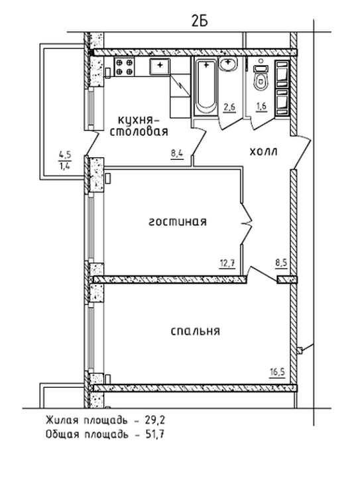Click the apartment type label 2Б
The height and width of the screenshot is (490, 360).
[200, 21]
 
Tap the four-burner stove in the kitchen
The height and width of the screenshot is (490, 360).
[125, 67]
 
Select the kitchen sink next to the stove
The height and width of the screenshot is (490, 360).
[160, 66]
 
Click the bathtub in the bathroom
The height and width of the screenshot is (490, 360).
[206, 88]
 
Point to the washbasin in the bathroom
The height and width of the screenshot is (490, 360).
[228, 64]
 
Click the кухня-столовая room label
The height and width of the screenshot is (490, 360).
[139, 125]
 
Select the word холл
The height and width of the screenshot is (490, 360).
[263, 152]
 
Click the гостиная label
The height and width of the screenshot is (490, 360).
[177, 222]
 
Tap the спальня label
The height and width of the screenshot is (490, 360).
[196, 331]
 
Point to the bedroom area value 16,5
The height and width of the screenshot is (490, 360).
[277, 372]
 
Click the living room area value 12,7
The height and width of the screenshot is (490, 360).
[227, 263]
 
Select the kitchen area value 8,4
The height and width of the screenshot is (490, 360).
[176, 154]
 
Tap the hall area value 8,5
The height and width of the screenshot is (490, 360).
[281, 262]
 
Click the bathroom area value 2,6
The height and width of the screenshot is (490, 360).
[229, 107]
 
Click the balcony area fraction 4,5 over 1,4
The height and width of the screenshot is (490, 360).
[65, 159]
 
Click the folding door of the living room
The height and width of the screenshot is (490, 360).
[247, 223]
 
